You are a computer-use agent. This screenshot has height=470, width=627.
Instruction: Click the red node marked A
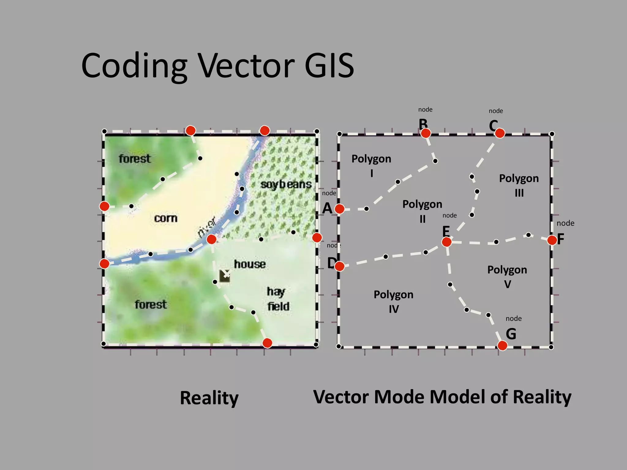pyautogui.click(x=339, y=209)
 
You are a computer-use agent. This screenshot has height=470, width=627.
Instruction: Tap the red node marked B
pyautogui.click(x=426, y=133)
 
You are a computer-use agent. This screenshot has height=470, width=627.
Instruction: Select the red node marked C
pyautogui.click(x=500, y=133)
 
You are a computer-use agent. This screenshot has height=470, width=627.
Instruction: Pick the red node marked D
pyautogui.click(x=339, y=266)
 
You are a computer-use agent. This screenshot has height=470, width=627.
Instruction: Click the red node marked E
pyautogui.click(x=446, y=242)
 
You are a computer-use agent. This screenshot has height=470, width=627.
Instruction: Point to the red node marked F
pyautogui.click(x=552, y=240)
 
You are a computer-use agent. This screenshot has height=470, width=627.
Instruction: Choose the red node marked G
pyautogui.click(x=502, y=345)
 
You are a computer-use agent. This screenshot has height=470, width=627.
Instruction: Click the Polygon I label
pyautogui.click(x=371, y=166)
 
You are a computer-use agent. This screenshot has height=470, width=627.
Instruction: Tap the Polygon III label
pyautogui.click(x=519, y=185)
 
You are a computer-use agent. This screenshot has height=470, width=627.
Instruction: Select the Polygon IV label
pyautogui.click(x=393, y=301)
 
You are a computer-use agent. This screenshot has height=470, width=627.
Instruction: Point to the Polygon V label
pyautogui.click(x=507, y=277)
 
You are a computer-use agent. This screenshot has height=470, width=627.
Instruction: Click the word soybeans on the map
pyautogui.click(x=286, y=185)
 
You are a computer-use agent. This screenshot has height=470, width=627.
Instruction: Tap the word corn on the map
pyautogui.click(x=166, y=218)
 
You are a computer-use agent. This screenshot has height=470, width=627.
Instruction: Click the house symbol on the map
pyautogui.click(x=224, y=276)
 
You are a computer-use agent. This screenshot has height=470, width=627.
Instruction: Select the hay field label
pyautogui.click(x=278, y=299)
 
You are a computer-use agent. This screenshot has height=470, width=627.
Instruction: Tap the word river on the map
pyautogui.click(x=207, y=226)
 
